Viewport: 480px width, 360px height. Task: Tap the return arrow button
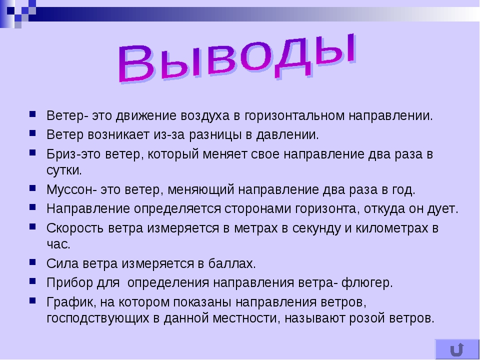pos(457,349)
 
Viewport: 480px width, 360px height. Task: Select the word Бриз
pos(61,154)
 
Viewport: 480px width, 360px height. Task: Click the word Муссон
pos(69,189)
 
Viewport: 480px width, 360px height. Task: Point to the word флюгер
pos(367,283)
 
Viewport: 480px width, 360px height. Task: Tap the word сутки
pos(64,170)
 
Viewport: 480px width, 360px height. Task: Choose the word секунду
pos(316,228)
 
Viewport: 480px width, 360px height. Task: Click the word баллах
pos(232,263)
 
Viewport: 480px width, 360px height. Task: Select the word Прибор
pos(70,283)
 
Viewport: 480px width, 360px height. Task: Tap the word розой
pos(366,318)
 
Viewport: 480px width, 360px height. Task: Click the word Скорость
pos(75,228)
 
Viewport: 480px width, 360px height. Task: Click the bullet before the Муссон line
pos(33,188)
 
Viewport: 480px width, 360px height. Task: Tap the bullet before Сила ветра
pos(33,262)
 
